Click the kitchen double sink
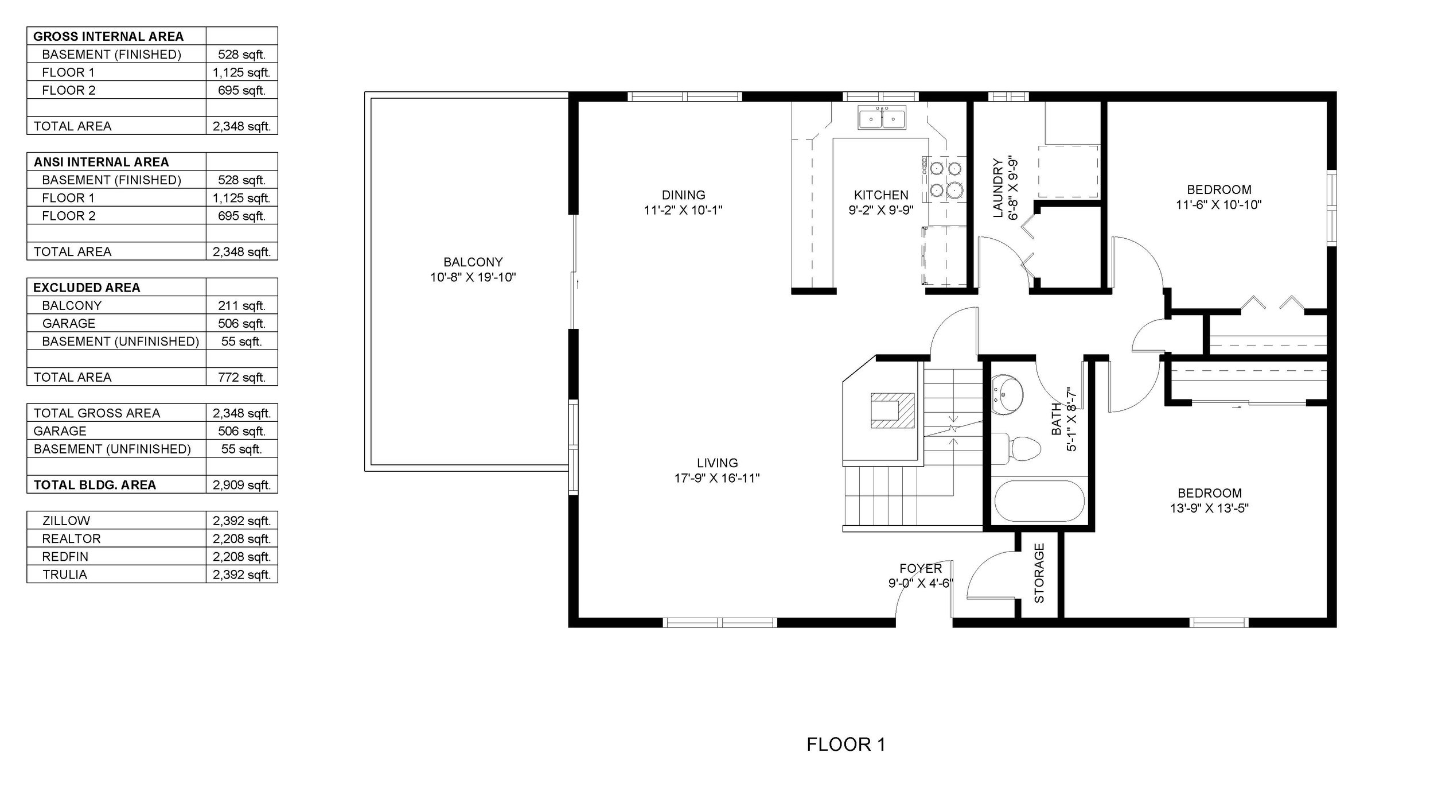[x=882, y=119]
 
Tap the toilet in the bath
[x=1016, y=448]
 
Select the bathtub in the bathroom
[x=1039, y=501]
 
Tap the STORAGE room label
[x=1039, y=573]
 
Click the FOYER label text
[x=921, y=568]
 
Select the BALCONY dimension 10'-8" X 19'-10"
[x=473, y=278]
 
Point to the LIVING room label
[x=717, y=463]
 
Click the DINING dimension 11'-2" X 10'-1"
[x=683, y=210]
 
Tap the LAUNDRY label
[x=998, y=188]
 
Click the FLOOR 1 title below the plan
[x=846, y=744]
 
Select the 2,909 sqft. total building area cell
[x=241, y=485]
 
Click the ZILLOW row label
[x=66, y=521]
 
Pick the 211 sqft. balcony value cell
[x=241, y=305]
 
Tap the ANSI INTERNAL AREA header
[x=101, y=162]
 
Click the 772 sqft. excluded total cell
[x=241, y=377]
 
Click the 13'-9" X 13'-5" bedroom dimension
[x=1210, y=508]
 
